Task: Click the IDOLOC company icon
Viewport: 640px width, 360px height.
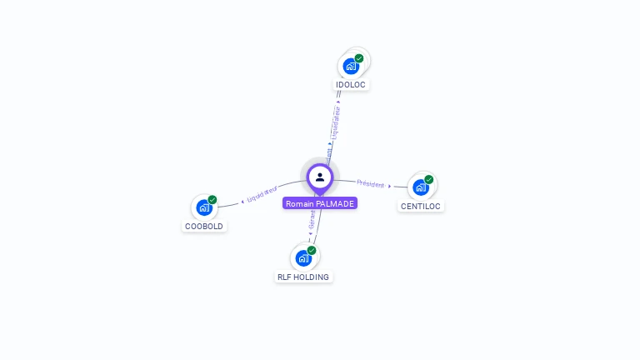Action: coord(351,66)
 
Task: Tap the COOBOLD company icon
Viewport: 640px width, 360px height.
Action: coord(204,207)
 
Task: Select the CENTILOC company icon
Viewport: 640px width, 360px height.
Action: coord(421,187)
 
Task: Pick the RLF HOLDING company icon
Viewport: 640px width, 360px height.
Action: coord(303,257)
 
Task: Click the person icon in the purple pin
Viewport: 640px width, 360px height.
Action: coord(320,177)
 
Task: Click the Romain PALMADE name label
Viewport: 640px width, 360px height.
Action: coord(320,203)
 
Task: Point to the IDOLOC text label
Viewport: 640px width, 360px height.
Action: coord(351,85)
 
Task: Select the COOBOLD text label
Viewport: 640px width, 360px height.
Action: coord(204,226)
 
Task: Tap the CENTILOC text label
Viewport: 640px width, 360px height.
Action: coord(421,206)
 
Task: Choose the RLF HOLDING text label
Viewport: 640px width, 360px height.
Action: coord(303,277)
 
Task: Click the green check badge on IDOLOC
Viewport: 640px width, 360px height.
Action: coord(359,58)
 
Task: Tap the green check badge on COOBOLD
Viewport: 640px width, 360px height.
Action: coord(212,200)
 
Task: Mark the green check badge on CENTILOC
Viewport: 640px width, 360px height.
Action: coord(429,179)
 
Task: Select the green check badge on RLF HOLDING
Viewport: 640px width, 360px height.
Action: coord(312,250)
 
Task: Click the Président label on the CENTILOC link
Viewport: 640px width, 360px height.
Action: coord(370,182)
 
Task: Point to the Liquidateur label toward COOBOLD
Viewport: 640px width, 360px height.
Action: coord(262,195)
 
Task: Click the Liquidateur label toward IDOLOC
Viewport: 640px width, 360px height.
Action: coord(336,121)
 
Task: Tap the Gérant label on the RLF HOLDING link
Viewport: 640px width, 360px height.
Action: coord(312,219)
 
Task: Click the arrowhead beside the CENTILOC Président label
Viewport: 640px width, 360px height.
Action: coord(390,186)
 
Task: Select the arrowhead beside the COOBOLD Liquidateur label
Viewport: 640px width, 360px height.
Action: coord(242,201)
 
